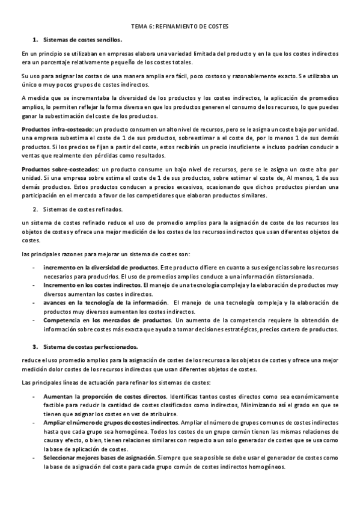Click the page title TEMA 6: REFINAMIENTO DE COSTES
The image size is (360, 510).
coord(180,27)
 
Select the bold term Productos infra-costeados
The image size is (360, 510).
coord(57,129)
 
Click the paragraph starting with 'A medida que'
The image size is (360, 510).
coord(180,106)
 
